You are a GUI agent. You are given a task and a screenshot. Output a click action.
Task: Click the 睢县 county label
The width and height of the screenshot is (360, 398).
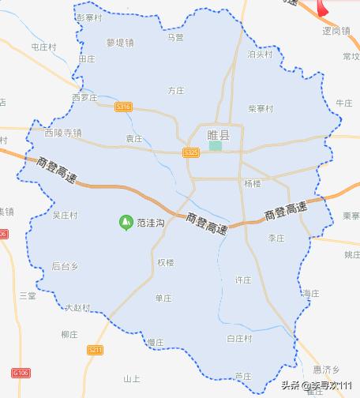tap(217, 135)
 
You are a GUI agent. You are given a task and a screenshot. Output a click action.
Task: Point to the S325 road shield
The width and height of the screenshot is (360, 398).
tap(190, 151)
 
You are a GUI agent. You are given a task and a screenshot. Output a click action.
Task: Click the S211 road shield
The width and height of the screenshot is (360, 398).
tap(95, 348)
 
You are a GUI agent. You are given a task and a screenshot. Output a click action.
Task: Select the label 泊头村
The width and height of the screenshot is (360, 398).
tap(259, 55)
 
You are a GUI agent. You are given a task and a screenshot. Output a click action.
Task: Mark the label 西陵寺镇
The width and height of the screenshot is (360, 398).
tap(63, 133)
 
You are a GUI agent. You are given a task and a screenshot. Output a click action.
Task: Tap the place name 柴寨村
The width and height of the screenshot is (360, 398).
tap(260, 108)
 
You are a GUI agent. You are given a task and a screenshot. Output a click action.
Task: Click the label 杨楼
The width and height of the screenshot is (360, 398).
tap(252, 183)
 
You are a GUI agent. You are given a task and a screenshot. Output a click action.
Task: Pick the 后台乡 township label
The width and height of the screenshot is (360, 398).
tap(65, 266)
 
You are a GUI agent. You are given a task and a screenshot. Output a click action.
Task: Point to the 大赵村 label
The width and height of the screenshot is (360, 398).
tap(78, 307)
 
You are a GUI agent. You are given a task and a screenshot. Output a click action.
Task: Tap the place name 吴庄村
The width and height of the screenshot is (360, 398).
tap(65, 215)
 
